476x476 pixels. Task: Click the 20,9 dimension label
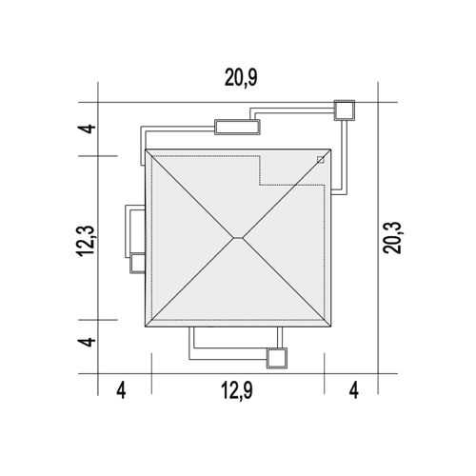pos(241,78)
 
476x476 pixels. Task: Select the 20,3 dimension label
pos(392,238)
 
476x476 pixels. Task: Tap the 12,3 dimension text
pos(86,241)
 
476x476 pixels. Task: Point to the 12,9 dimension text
pos(237,390)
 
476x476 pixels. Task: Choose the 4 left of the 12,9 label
pos(121,390)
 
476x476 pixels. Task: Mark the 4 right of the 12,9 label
pos(354,390)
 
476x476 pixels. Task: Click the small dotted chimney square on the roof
pos(321,160)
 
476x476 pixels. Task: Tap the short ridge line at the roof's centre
pos(238,237)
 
